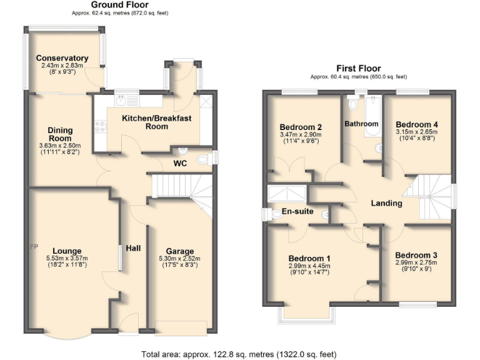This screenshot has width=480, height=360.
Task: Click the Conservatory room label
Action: point(62,59)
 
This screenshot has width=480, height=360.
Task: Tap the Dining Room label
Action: point(61,134)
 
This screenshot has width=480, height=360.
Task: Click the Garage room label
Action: point(179,251)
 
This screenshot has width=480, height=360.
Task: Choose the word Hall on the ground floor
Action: point(133,248)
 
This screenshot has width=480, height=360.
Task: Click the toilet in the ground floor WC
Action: point(203,160)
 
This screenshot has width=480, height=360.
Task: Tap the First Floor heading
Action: point(358,69)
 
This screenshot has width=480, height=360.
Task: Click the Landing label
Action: point(386,204)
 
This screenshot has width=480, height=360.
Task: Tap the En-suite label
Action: point(297,211)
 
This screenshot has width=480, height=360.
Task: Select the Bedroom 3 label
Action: point(416,255)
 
